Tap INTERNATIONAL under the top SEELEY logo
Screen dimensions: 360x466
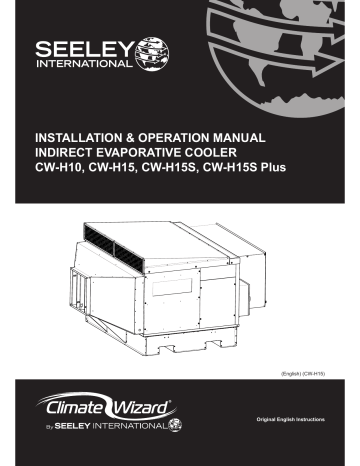pos(84,66)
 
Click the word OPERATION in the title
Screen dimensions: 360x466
pos(187,134)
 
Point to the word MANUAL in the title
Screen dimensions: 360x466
pos(260,134)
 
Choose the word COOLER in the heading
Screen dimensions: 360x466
pos(237,150)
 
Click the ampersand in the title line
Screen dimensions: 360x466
pos(142,134)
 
